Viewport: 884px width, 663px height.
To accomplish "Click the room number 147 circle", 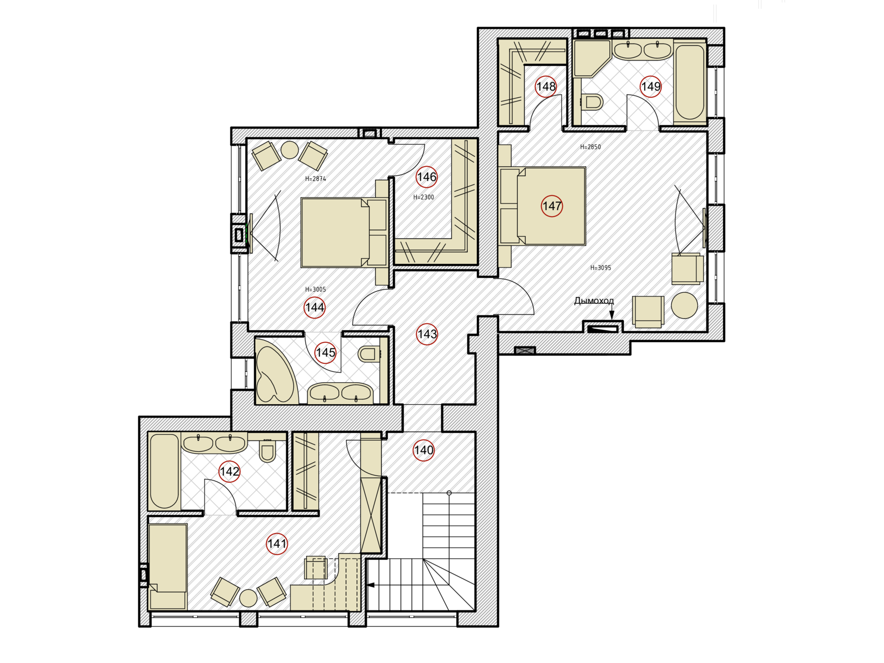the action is (x=551, y=206).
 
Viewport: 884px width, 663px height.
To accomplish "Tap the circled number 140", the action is (x=423, y=450).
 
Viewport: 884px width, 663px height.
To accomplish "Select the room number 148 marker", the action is (x=546, y=87).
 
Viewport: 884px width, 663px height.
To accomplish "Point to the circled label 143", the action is (x=427, y=334).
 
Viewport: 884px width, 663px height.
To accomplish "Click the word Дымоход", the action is (x=594, y=301).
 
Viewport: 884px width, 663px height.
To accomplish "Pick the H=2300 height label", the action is (x=423, y=197).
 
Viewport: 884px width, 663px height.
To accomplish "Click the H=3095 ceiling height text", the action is (x=600, y=268).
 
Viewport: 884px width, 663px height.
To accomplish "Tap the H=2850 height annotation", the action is (x=590, y=147).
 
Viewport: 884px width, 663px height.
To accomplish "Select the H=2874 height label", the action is (x=315, y=179).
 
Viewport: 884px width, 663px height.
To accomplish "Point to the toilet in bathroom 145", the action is (x=369, y=354).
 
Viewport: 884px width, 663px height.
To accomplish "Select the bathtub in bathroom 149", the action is (x=690, y=81).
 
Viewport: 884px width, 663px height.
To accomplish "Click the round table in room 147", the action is (x=684, y=305).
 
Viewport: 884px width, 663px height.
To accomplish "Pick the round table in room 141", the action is (x=248, y=598).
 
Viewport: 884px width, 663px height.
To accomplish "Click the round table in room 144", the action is (x=289, y=150).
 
